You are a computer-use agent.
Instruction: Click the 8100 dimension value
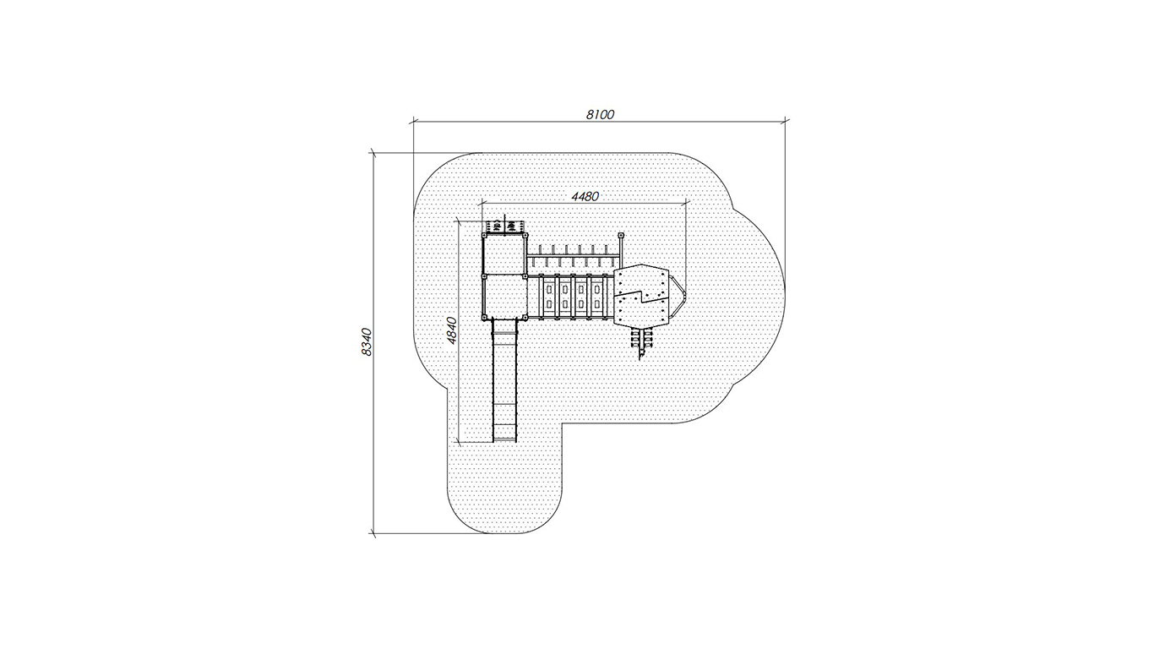(x=600, y=114)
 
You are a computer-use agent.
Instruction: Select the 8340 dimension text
(x=367, y=341)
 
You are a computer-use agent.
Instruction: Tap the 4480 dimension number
(x=585, y=196)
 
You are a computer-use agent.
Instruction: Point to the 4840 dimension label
(x=451, y=330)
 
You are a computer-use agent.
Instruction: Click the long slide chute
(x=504, y=380)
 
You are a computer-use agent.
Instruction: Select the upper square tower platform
(x=505, y=255)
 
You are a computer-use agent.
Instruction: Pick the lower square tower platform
(x=505, y=297)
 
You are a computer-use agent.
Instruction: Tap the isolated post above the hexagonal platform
(x=621, y=236)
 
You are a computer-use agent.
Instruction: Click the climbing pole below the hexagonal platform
(x=641, y=343)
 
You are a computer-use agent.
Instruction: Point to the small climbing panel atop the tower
(x=505, y=226)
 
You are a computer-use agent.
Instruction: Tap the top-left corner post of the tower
(x=484, y=235)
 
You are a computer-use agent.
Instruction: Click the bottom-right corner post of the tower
(x=525, y=318)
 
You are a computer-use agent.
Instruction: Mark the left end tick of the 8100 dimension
(x=413, y=123)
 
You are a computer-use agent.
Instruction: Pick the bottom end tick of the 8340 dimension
(x=373, y=533)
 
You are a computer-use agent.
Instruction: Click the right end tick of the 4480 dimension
(x=688, y=204)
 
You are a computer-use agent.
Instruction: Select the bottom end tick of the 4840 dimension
(x=459, y=442)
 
